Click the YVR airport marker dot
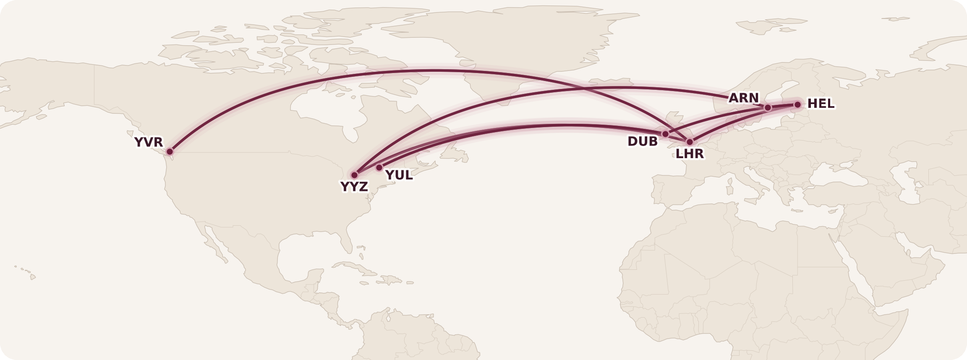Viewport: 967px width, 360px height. pos(170,151)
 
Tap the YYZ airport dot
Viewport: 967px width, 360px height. pos(355,175)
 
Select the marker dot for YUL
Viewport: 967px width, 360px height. pos(379,167)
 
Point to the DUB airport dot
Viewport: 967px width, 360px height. pos(665,134)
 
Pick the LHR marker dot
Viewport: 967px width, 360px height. pos(690,142)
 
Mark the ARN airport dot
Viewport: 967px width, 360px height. pos(768,107)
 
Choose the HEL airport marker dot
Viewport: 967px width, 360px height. pos(797,104)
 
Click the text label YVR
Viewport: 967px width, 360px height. pos(149,142)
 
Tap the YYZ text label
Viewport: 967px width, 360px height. pos(354,187)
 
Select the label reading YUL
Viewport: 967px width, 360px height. pos(399,175)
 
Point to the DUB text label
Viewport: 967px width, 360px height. pos(643,142)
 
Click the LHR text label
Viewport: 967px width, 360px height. pos(690,154)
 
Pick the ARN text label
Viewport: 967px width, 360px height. pos(744,98)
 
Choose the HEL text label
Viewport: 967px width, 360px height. pos(821,104)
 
